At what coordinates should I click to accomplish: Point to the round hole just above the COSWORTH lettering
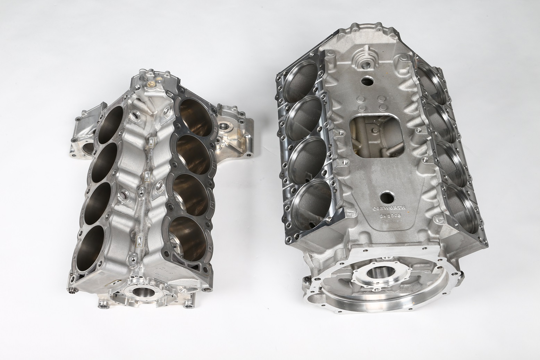[386, 197]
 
